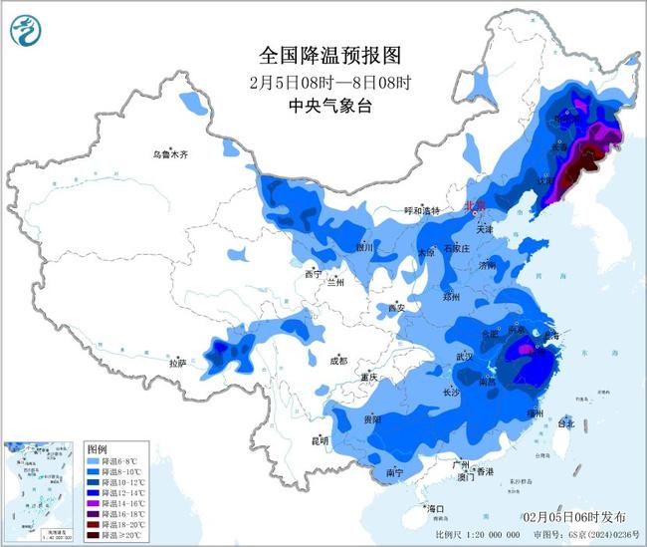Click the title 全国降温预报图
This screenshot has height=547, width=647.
click(x=323, y=54)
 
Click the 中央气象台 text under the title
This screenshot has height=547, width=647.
click(x=322, y=107)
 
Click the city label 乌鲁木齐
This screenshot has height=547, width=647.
click(x=170, y=154)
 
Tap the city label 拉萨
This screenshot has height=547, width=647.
click(x=178, y=365)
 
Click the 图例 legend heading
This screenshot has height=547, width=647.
click(x=96, y=449)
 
